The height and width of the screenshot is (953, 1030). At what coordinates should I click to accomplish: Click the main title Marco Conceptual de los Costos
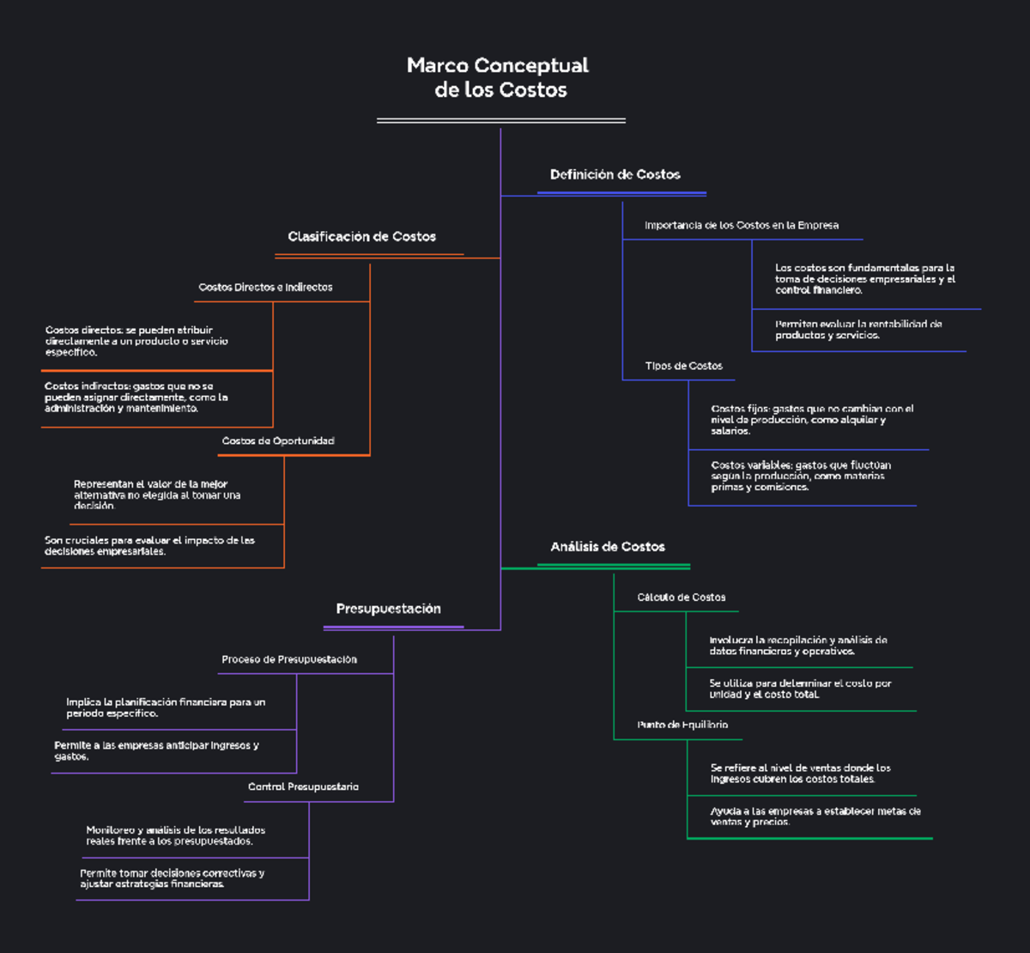point(499,77)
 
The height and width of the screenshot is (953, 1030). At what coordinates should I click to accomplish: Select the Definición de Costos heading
point(615,174)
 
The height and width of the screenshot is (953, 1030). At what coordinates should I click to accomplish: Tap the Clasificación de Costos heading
point(361,236)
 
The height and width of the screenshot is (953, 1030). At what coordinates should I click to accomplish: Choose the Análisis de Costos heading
point(608,546)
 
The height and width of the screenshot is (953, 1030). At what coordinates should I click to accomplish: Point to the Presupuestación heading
point(388,609)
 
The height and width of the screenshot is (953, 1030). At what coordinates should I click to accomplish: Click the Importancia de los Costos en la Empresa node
point(742,225)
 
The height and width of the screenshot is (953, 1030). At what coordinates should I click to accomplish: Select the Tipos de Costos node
point(683,366)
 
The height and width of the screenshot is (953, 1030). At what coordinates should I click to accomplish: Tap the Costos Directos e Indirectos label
point(265,287)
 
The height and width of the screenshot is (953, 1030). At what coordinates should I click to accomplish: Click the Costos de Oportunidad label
point(278,440)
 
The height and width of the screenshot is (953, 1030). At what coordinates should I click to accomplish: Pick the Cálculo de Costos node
point(681,597)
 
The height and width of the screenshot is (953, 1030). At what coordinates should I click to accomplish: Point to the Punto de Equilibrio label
point(682,725)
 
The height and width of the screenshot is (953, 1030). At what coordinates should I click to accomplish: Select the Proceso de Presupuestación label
point(289,659)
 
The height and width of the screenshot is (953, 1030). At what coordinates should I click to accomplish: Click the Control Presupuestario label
point(303,786)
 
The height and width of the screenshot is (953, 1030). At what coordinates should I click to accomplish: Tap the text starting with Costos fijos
point(811,420)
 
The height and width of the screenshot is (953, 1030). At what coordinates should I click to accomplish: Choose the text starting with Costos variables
point(800,476)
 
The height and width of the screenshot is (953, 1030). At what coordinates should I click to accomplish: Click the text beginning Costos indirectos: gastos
point(136,398)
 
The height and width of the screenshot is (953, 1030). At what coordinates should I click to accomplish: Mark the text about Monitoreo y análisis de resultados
point(175,835)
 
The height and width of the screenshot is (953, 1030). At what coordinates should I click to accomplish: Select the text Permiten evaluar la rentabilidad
point(857,330)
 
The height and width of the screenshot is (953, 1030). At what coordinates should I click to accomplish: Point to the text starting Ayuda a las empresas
point(815,816)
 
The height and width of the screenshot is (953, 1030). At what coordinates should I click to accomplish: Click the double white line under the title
point(500,121)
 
